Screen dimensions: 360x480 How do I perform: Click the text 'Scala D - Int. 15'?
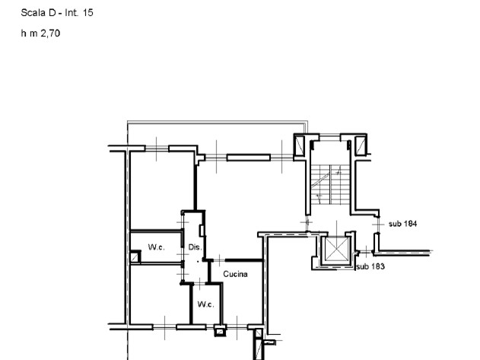[x=57, y=13]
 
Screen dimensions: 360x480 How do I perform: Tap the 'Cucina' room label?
[x=236, y=275]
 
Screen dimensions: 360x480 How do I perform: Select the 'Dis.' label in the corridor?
[x=195, y=247]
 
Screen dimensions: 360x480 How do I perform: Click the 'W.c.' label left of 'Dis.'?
[x=157, y=247]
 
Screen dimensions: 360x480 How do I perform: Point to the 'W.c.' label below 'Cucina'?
[x=205, y=304]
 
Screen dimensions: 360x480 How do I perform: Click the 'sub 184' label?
[x=402, y=224]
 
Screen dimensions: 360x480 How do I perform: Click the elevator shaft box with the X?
[x=335, y=250]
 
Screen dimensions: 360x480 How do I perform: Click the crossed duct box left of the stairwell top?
[x=300, y=146]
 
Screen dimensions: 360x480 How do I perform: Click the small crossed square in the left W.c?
[x=135, y=258]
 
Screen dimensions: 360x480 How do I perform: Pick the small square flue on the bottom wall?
[x=220, y=330]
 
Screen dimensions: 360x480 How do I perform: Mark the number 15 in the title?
[x=88, y=13]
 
